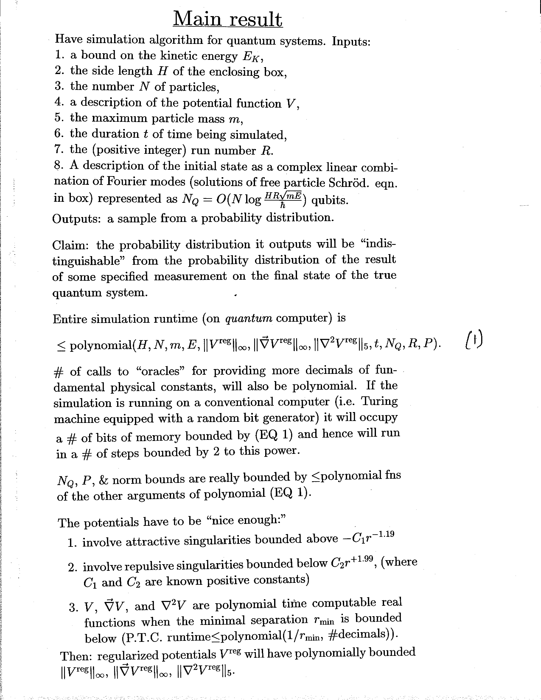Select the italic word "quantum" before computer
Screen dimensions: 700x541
(x=249, y=318)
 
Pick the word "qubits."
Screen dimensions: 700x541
(x=330, y=200)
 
